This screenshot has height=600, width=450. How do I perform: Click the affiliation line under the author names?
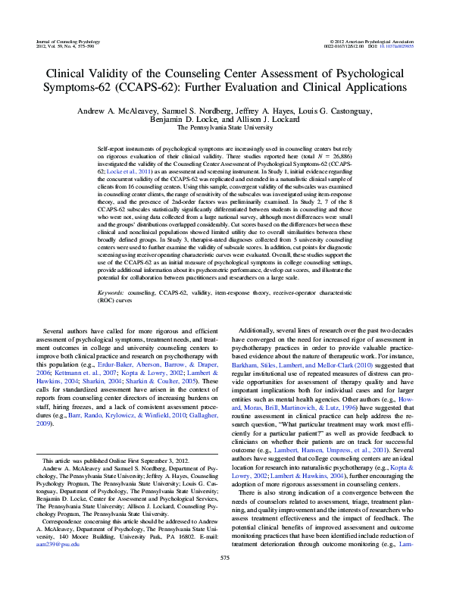point(224,128)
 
